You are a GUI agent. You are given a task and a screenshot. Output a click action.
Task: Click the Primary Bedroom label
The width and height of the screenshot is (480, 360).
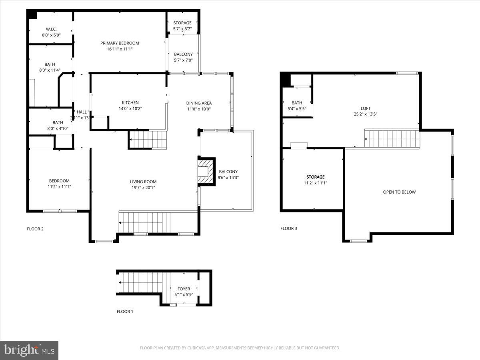point(120,43)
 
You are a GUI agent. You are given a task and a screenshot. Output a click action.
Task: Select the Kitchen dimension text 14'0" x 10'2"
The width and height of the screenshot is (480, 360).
point(130,108)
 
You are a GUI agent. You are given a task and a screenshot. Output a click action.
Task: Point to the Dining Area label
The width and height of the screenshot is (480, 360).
point(199,103)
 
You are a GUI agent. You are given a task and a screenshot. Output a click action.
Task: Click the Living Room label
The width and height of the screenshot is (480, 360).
point(143,182)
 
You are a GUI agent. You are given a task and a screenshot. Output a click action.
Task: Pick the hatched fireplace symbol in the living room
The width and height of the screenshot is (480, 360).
point(206,172)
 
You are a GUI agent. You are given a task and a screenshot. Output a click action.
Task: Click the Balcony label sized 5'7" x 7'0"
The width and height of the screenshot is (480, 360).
point(183,54)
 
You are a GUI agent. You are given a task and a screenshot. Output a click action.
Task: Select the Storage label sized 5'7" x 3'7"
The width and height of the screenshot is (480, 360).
point(182,23)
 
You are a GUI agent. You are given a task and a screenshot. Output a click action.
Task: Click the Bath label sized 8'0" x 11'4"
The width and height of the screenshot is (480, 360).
point(50,64)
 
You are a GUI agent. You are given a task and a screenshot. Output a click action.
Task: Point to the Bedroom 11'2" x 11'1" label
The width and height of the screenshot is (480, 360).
point(59,181)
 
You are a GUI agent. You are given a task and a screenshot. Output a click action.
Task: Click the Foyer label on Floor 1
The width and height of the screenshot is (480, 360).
point(184,289)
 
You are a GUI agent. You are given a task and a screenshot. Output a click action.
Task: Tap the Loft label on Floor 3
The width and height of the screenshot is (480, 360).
point(366,108)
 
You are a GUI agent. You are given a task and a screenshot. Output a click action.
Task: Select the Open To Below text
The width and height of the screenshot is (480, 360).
point(399,192)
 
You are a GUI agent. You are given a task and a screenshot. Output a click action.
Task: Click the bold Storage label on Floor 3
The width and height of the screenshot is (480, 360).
point(316,177)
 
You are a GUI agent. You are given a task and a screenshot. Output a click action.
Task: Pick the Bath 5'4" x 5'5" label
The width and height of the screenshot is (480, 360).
point(297,103)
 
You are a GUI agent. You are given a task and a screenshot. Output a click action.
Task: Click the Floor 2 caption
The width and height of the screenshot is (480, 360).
point(35,229)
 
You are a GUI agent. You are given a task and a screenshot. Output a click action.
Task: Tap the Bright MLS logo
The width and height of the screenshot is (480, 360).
point(29,350)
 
